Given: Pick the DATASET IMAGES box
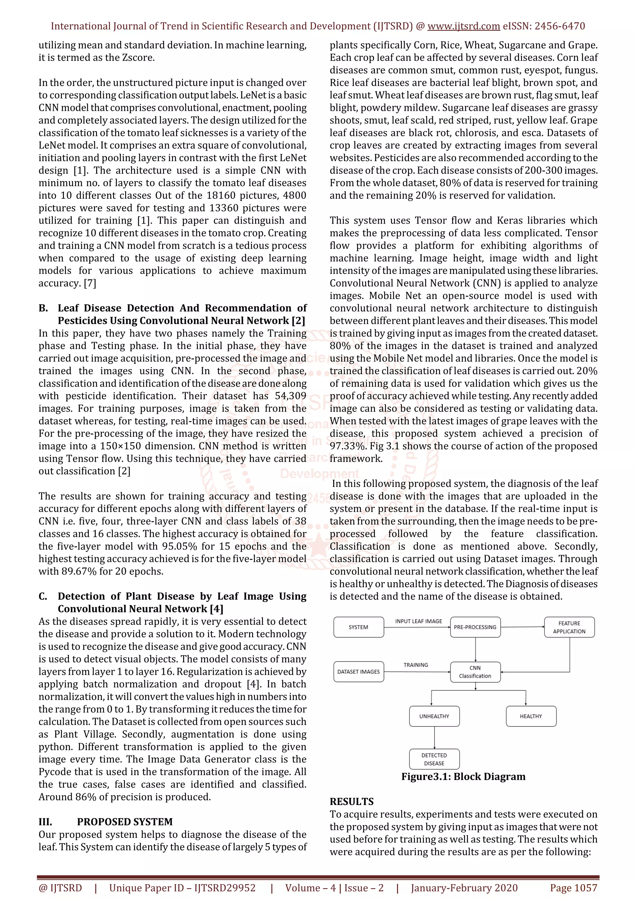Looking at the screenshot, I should [x=358, y=671].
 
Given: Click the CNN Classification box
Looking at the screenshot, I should [x=475, y=672].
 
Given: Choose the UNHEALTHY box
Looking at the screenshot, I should [x=434, y=716].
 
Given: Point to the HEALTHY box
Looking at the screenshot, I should [x=531, y=716].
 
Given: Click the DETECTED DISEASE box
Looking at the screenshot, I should [x=434, y=759].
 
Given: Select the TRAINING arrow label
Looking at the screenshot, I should [x=416, y=665].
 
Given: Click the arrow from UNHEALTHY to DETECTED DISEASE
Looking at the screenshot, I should [x=434, y=737].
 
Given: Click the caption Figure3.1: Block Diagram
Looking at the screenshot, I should [x=463, y=776].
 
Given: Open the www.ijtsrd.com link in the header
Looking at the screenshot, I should [x=464, y=26].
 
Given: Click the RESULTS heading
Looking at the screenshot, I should [x=352, y=801].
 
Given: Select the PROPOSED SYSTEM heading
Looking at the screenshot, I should [x=125, y=822].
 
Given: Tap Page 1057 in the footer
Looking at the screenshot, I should [x=573, y=888].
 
